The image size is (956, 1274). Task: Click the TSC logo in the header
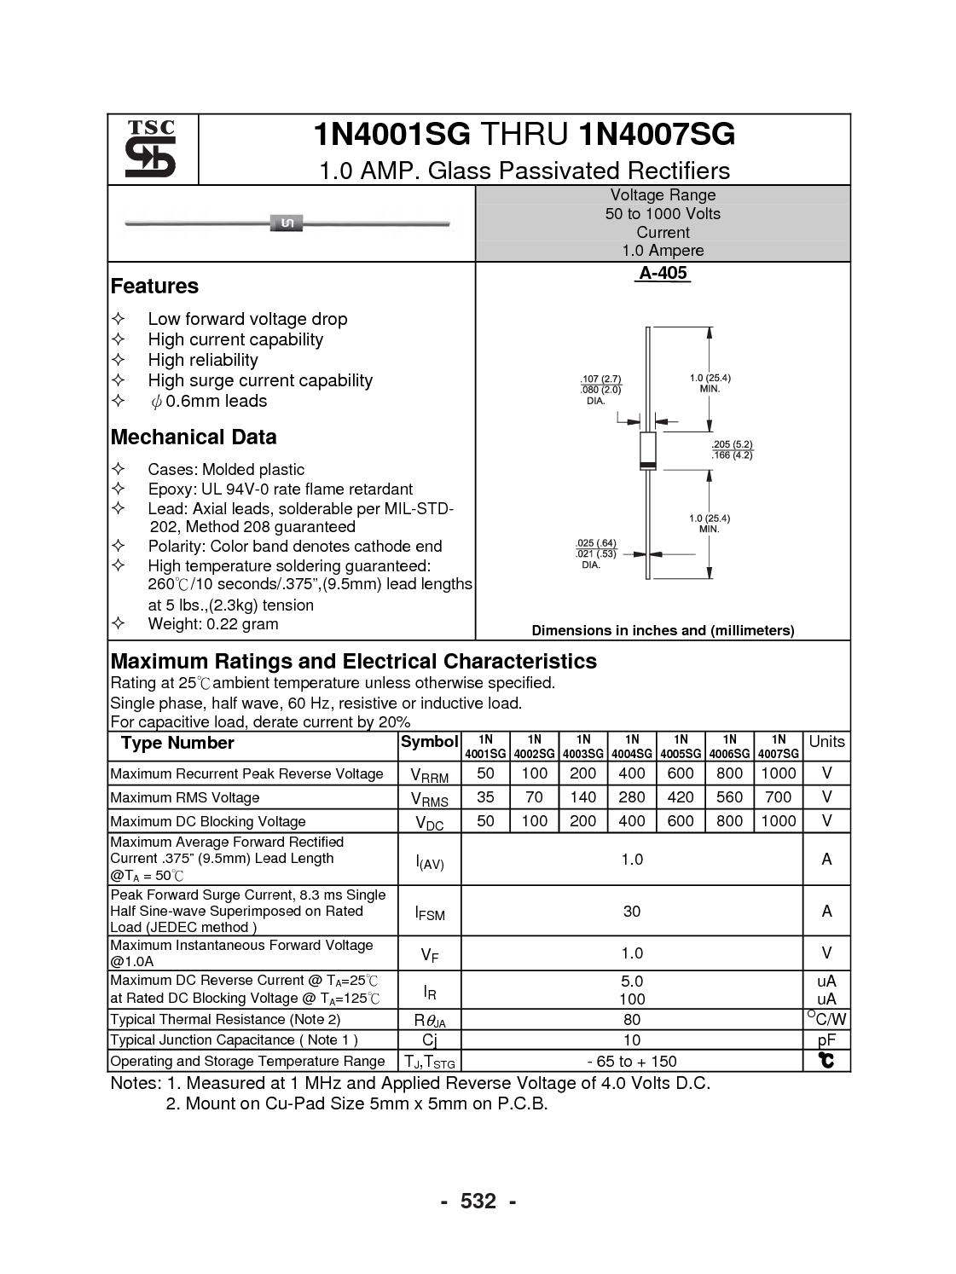click(152, 149)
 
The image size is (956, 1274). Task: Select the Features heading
click(154, 287)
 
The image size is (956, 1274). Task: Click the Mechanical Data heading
click(194, 437)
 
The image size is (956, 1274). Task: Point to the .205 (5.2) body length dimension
click(733, 445)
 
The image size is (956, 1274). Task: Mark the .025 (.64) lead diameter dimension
click(595, 543)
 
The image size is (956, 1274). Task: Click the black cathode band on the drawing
click(647, 466)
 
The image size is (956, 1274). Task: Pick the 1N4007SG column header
click(778, 746)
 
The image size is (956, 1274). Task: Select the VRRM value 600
click(680, 773)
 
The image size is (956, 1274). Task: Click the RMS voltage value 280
click(632, 797)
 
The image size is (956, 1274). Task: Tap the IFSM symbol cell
click(430, 913)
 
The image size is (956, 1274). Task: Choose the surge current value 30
click(631, 912)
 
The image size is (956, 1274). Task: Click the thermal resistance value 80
click(631, 1020)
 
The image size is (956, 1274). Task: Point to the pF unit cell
click(826, 1040)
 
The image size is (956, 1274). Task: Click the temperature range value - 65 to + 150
click(631, 1062)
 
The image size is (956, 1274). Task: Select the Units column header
click(826, 742)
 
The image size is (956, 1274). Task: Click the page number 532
click(478, 1202)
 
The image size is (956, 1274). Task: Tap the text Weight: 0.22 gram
click(212, 624)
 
